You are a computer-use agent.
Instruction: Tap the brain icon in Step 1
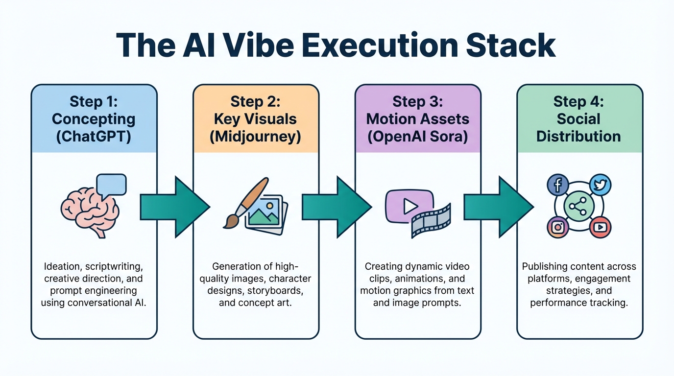tap(88, 211)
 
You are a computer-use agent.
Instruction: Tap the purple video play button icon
tap(409, 206)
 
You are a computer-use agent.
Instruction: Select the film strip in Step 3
tap(431, 221)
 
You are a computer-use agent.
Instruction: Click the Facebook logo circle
tap(557, 185)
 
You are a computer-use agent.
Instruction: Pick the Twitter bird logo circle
tap(600, 185)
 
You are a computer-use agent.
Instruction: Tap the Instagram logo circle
tap(557, 227)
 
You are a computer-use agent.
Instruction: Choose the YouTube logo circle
tap(600, 227)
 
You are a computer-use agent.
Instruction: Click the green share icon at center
tap(578, 206)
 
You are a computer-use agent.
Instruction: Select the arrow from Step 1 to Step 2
tap(174, 207)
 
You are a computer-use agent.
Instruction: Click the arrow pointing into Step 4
tap(498, 207)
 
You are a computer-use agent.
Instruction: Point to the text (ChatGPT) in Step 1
tap(94, 136)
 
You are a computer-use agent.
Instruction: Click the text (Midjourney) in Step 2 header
tap(255, 136)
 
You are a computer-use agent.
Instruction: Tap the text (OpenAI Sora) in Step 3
tap(417, 136)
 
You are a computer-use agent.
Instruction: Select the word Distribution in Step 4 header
tap(578, 136)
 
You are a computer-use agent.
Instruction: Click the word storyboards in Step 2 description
tap(278, 291)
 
